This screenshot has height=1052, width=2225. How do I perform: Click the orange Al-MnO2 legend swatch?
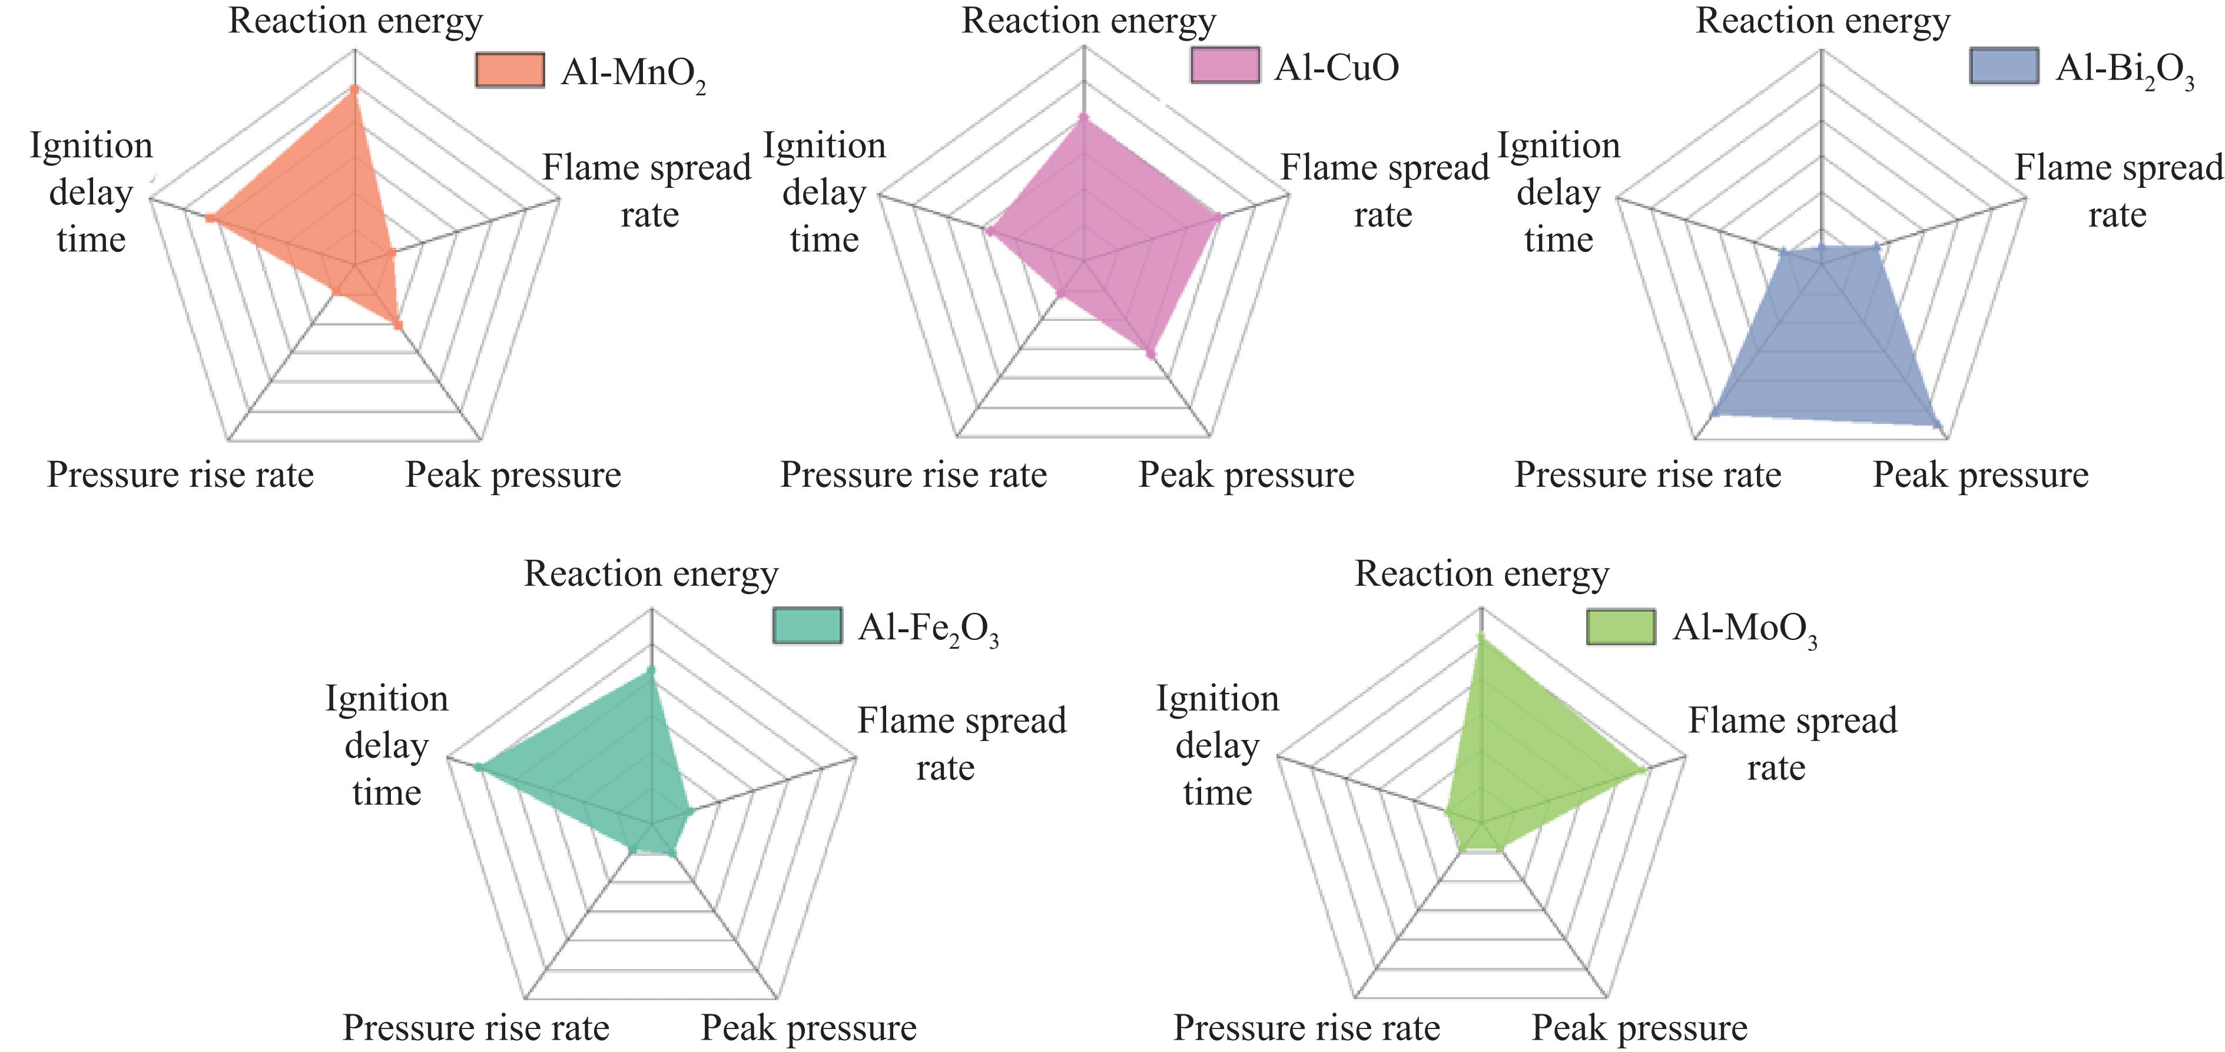[x=510, y=70]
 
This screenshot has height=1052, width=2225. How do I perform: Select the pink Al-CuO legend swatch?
[x=1225, y=66]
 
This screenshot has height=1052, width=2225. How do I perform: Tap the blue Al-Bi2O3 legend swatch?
[x=2004, y=66]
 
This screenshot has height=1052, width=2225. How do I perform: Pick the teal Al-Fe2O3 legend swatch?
[x=807, y=626]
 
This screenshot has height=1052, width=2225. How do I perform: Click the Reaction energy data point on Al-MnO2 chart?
[x=354, y=89]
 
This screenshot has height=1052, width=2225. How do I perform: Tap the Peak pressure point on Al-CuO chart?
[x=1150, y=353]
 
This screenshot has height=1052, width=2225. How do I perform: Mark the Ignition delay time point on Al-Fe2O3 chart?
[x=478, y=767]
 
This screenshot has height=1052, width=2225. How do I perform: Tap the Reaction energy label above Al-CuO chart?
[x=1088, y=21]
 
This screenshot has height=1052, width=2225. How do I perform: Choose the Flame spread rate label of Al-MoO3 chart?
[x=1792, y=743]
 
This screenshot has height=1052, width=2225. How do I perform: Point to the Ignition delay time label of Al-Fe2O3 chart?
[x=386, y=745]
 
